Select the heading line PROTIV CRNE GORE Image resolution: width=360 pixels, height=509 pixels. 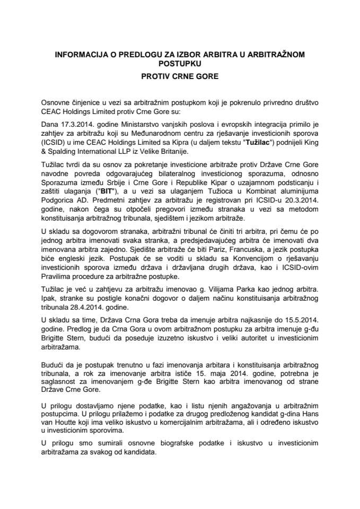[180, 76]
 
